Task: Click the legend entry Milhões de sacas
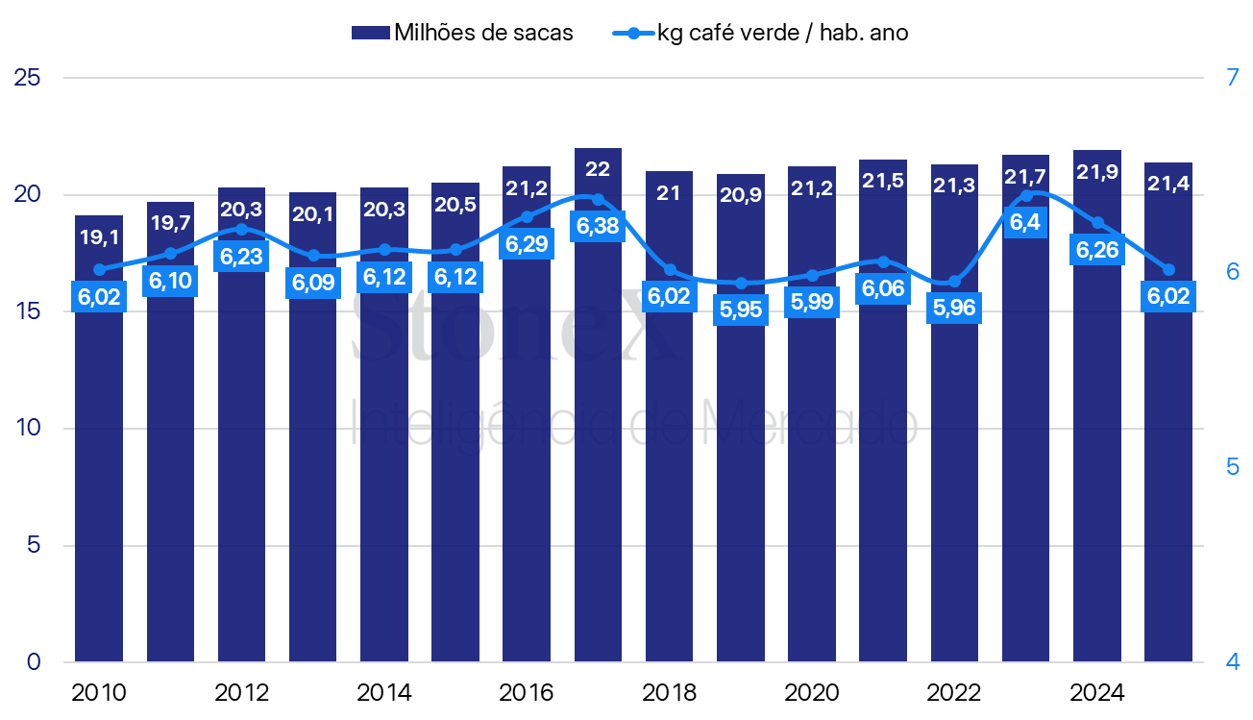pyautogui.click(x=462, y=33)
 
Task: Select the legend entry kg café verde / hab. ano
pyautogui.click(x=760, y=33)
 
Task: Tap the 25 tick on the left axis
pyautogui.click(x=28, y=78)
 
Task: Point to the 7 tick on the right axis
pyautogui.click(x=1233, y=78)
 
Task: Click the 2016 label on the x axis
pyautogui.click(x=527, y=693)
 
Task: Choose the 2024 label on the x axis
pyautogui.click(x=1097, y=693)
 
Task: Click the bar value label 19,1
pyautogui.click(x=99, y=237)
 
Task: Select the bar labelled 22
pyautogui.click(x=598, y=405)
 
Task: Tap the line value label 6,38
pyautogui.click(x=598, y=226)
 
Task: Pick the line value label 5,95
pyautogui.click(x=741, y=310)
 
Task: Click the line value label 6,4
pyautogui.click(x=1025, y=223)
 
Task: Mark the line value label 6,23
pyautogui.click(x=241, y=257)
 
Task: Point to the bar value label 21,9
pyautogui.click(x=1097, y=172)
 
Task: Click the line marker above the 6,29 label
pyautogui.click(x=527, y=217)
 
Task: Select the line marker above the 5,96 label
pyautogui.click(x=954, y=282)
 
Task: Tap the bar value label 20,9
pyautogui.click(x=741, y=195)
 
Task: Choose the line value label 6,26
pyautogui.click(x=1097, y=250)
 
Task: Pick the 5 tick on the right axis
pyautogui.click(x=1233, y=467)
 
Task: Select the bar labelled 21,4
pyautogui.click(x=1168, y=412)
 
